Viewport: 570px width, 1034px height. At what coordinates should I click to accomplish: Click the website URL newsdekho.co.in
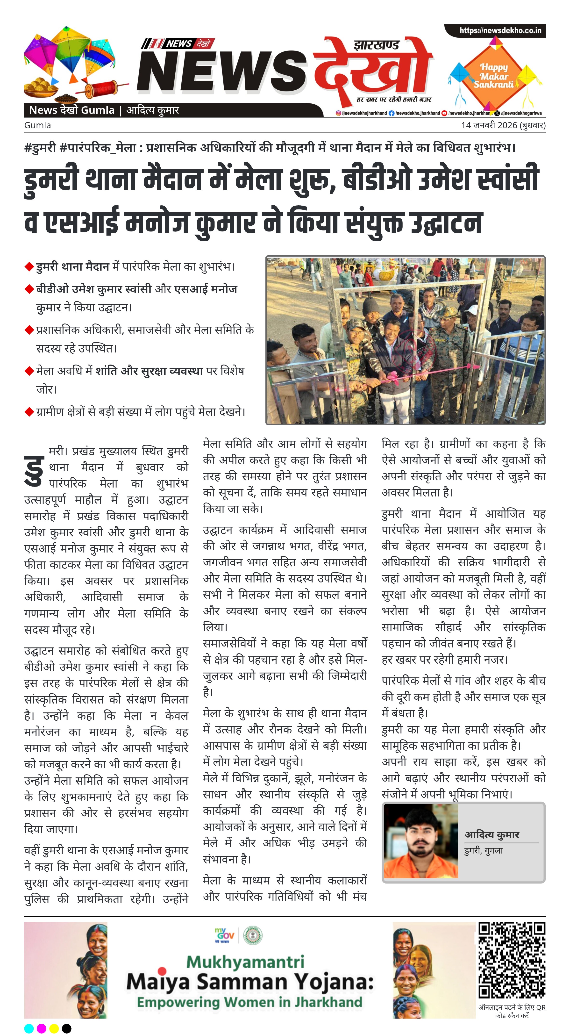tap(500, 30)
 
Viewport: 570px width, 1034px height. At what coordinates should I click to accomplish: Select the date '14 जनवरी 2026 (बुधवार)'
tap(503, 125)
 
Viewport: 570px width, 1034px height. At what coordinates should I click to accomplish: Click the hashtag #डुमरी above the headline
tap(40, 148)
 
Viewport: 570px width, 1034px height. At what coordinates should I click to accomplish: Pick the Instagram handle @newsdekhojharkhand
tap(361, 113)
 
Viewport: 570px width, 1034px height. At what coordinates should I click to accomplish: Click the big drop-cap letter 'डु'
tap(34, 470)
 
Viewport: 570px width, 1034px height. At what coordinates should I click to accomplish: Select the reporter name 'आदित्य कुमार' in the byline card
tap(492, 835)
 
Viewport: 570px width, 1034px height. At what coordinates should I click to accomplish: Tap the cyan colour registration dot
tap(29, 1028)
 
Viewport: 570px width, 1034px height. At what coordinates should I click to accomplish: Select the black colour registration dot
tap(67, 1028)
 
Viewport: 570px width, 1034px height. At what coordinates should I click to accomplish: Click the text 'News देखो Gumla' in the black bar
tap(72, 110)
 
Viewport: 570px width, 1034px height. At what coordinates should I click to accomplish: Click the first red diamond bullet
tap(29, 266)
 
